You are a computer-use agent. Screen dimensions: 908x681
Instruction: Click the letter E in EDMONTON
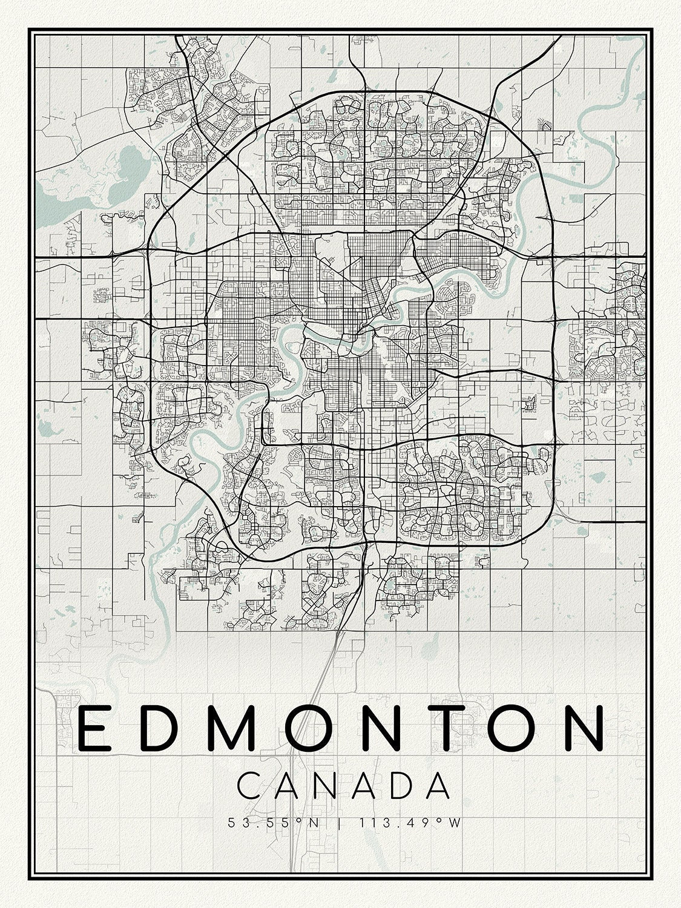pyautogui.click(x=94, y=728)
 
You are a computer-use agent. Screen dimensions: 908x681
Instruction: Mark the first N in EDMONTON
pyautogui.click(x=381, y=728)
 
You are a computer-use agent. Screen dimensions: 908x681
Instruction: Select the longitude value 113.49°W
pyautogui.click(x=410, y=823)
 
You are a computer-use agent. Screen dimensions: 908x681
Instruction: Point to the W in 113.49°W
pyautogui.click(x=456, y=823)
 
